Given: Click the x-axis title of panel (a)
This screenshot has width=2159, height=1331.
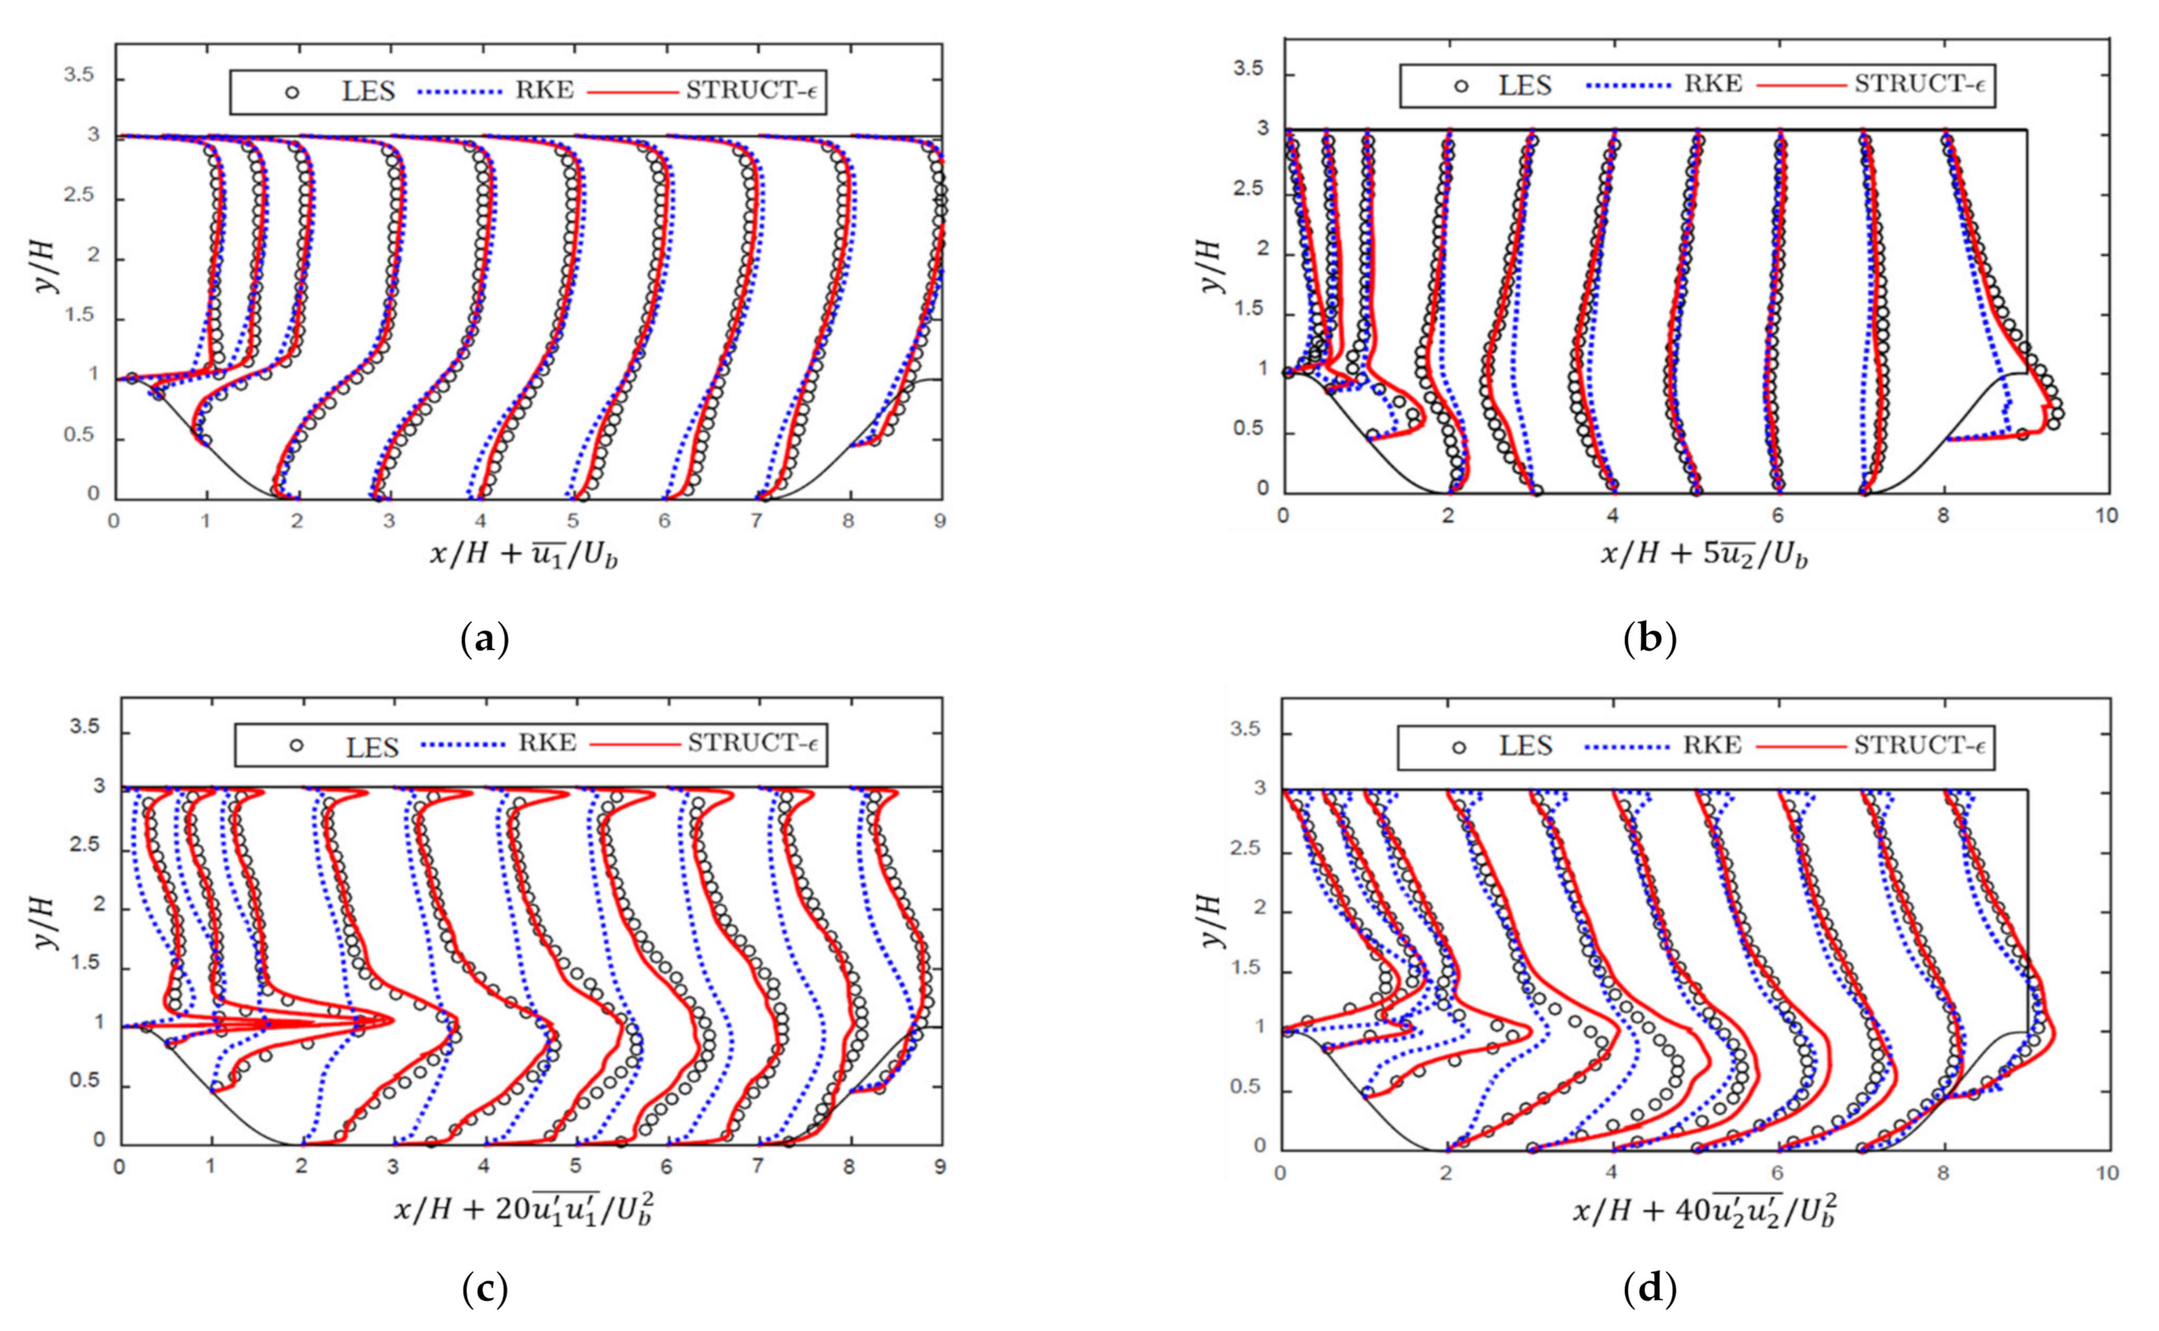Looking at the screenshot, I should tap(524, 555).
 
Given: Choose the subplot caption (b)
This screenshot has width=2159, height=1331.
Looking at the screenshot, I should tap(1649, 640).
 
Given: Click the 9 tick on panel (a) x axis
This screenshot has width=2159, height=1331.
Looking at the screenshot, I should tap(939, 521).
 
